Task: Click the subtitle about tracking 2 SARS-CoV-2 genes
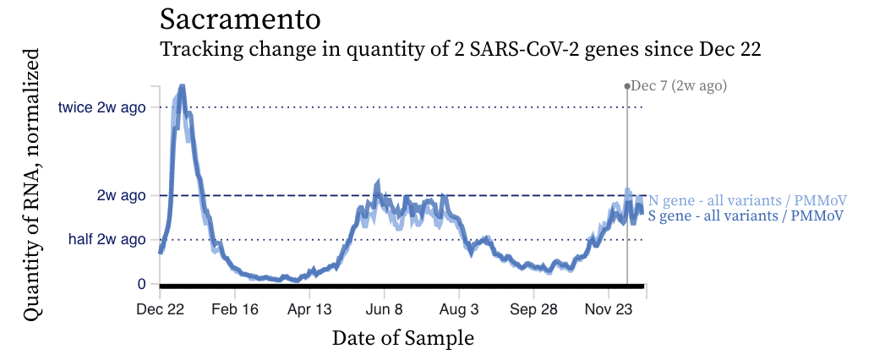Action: pyautogui.click(x=461, y=49)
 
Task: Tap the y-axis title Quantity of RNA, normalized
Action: pyautogui.click(x=32, y=184)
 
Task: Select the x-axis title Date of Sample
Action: pyautogui.click(x=403, y=338)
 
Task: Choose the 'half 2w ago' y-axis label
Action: pyautogui.click(x=107, y=240)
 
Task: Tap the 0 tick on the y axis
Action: pyautogui.click(x=141, y=284)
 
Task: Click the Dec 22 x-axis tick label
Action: pyautogui.click(x=161, y=310)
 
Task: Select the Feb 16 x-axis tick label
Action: pyautogui.click(x=234, y=310)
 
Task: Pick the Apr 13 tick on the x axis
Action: pyautogui.click(x=310, y=310)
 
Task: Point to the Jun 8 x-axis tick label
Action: pyautogui.click(x=384, y=310)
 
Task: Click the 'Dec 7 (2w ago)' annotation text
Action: pyautogui.click(x=680, y=85)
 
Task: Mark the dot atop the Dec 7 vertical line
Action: pyautogui.click(x=627, y=85)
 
